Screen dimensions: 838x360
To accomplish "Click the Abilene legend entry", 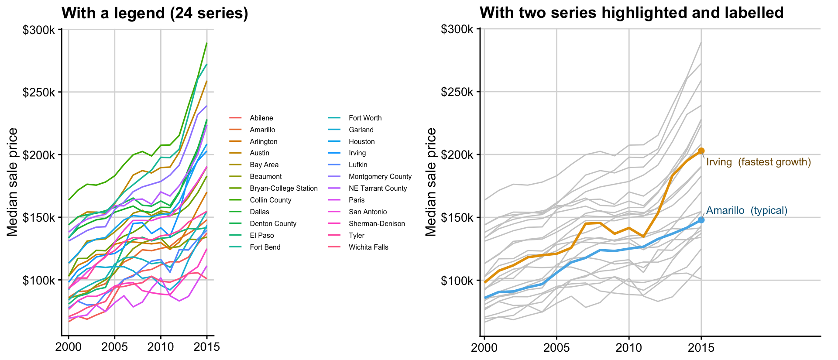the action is tap(251, 118).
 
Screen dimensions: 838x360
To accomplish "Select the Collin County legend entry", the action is tap(260, 200).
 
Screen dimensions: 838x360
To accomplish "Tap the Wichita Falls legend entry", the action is tap(358, 247).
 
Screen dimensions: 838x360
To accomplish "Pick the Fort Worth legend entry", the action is tap(355, 118).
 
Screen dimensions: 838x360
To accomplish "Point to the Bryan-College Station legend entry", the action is tap(274, 188).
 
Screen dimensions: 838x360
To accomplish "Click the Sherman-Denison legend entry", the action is tap(367, 223).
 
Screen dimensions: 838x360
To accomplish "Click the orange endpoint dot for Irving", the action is tap(701, 151).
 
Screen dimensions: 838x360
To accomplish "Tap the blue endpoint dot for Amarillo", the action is tap(701, 220).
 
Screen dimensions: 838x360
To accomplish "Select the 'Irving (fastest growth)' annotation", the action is tap(759, 162).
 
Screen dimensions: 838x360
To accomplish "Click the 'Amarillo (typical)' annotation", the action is tap(747, 210).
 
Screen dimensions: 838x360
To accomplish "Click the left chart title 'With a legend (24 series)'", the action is tap(155, 13).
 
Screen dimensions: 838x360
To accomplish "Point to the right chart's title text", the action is tap(632, 13).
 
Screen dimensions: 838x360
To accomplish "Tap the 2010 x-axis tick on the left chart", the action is tap(161, 347).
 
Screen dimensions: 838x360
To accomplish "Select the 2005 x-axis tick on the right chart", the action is tap(556, 347).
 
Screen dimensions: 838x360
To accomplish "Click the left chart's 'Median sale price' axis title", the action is tap(13, 182).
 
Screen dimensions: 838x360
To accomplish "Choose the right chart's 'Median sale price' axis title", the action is tap(431, 182).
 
